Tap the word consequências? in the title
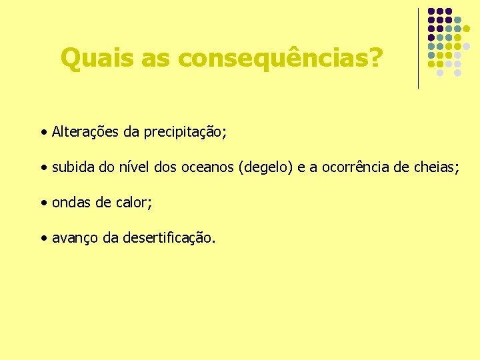tap(281, 59)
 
